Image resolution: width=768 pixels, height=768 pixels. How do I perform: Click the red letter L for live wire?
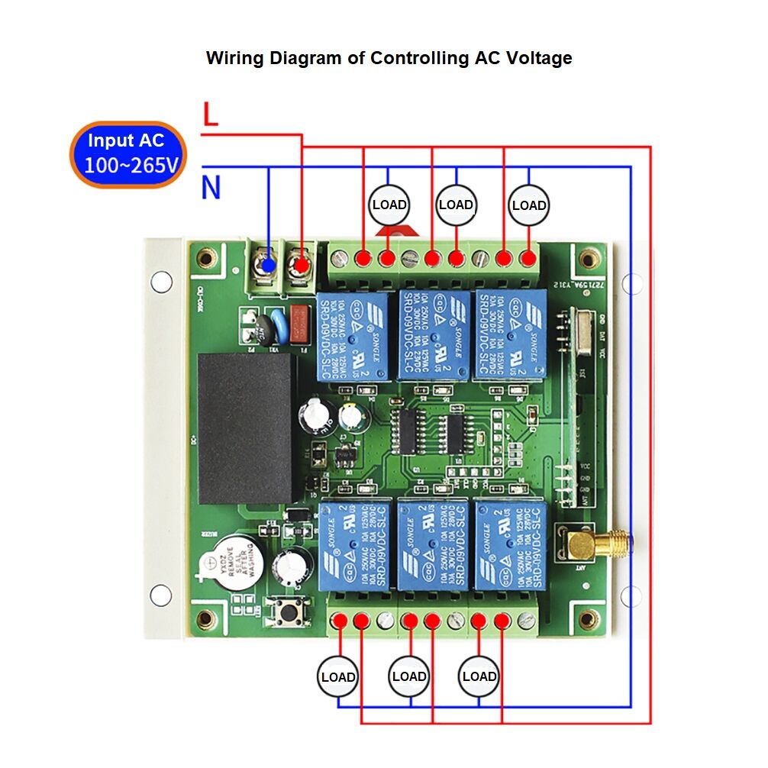coord(211,114)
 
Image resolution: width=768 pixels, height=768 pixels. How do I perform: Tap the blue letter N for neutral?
coord(211,187)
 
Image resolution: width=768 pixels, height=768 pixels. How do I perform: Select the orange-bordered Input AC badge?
coord(128,153)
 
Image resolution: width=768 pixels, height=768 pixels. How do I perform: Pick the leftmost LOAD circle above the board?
coord(389,205)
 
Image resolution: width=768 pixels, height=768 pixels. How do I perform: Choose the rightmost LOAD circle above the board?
coord(529,205)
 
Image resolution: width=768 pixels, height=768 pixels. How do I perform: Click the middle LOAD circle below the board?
coord(409,676)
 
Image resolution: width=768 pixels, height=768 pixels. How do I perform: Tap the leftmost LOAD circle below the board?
coord(338,677)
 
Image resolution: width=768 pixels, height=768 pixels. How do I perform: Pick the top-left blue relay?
coord(352,335)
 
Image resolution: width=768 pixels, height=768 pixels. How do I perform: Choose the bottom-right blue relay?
coord(508,543)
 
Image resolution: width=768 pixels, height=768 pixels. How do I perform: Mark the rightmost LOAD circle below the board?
coord(479,676)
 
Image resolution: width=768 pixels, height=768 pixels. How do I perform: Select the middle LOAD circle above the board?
coord(456,205)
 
